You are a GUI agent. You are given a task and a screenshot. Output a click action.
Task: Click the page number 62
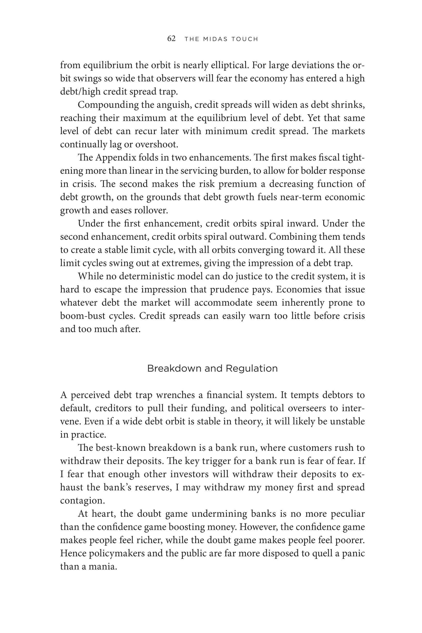171,39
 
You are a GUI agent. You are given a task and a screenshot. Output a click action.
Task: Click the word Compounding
108,105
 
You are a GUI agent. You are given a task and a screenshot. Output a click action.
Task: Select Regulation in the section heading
252,368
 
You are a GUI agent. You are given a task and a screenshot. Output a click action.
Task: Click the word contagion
82,501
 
